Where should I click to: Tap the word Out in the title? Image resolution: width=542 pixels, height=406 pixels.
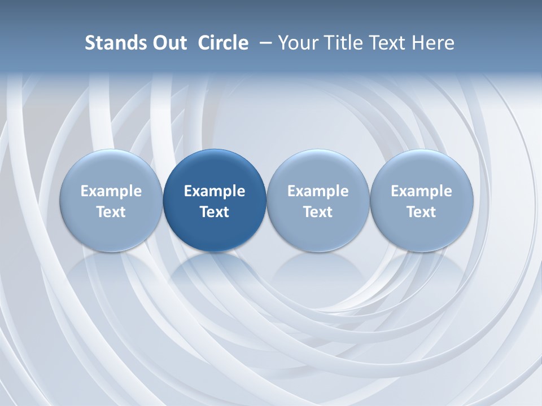168,43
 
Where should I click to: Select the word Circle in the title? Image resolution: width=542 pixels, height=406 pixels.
223,43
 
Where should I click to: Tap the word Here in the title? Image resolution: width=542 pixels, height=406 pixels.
432,43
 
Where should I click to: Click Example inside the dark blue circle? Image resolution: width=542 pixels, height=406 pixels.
215,191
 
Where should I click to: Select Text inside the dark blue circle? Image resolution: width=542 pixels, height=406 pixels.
215,212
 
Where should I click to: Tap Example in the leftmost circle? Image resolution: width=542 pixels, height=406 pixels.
111,191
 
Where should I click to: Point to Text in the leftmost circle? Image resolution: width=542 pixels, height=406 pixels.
111,212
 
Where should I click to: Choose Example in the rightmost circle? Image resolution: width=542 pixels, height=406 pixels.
421,191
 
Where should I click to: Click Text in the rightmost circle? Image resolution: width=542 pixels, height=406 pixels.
421,212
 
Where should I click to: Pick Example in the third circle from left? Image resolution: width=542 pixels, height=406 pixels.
318,191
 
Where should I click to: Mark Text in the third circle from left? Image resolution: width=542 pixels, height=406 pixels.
318,212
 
